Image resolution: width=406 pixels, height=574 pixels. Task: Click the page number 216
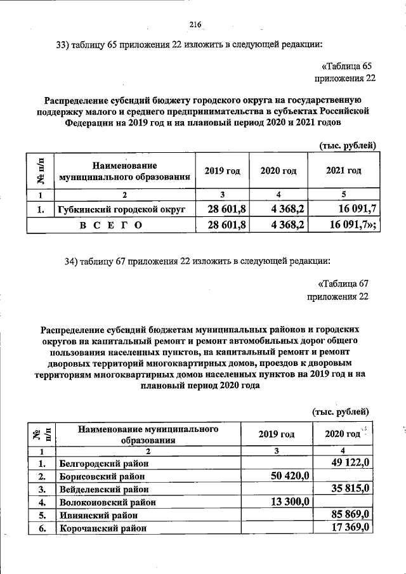[x=195, y=25]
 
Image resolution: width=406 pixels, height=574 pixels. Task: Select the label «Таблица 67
[x=342, y=284]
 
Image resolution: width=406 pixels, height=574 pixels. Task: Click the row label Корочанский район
[x=103, y=528]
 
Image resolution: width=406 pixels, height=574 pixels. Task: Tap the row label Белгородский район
[x=105, y=464]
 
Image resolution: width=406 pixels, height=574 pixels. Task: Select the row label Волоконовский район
[x=108, y=502]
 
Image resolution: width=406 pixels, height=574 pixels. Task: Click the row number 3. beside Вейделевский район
[x=41, y=489]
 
